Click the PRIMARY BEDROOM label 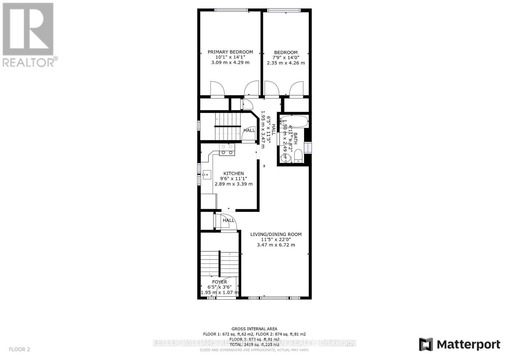[x=230, y=52]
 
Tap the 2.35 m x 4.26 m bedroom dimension [x=286, y=63]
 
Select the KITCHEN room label [x=234, y=173]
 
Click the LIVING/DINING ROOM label [x=276, y=234]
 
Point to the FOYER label [x=220, y=282]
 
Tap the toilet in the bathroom [x=298, y=156]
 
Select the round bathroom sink [x=285, y=157]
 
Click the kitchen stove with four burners [x=227, y=149]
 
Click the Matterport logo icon [x=426, y=344]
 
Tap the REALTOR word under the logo [x=29, y=62]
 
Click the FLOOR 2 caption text [x=19, y=349]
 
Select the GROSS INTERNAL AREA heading [x=254, y=329]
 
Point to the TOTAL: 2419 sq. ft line [x=254, y=344]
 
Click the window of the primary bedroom [x=231, y=10]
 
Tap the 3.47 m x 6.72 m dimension [x=276, y=245]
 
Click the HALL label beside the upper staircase [x=249, y=130]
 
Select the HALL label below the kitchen [x=228, y=220]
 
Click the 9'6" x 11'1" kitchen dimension [x=234, y=179]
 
